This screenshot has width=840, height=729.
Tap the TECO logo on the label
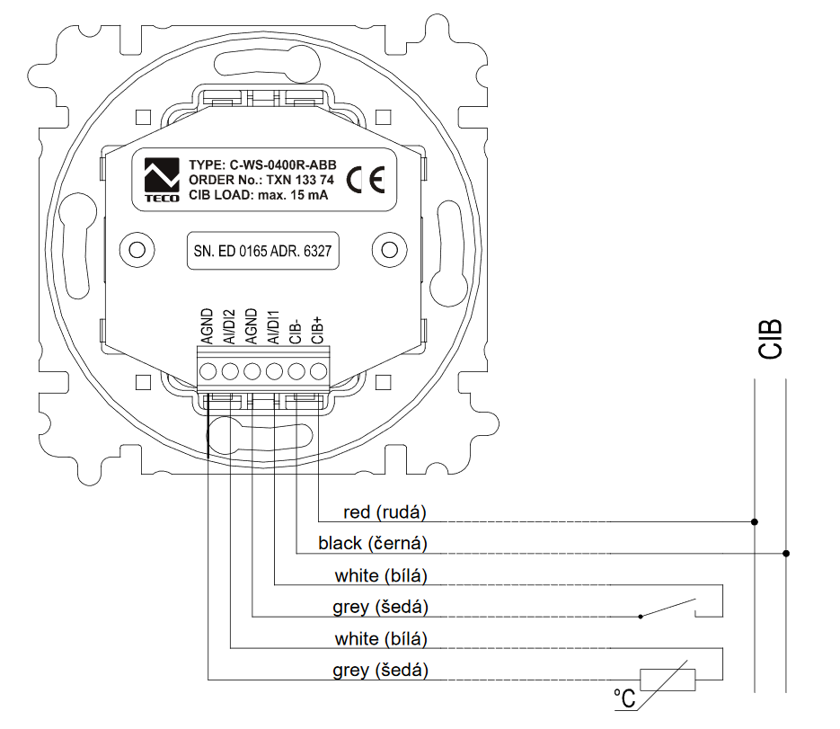[163, 180]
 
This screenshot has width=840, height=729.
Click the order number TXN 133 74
[292, 181]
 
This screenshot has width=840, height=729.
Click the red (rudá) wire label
[385, 512]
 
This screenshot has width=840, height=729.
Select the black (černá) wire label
[372, 544]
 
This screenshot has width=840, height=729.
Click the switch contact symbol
[669, 609]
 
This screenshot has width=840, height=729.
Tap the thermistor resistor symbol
[667, 679]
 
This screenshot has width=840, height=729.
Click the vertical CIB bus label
[770, 340]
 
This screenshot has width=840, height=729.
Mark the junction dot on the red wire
[755, 521]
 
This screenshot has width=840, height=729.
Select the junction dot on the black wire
[787, 553]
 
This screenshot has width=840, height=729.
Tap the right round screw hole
[387, 250]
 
